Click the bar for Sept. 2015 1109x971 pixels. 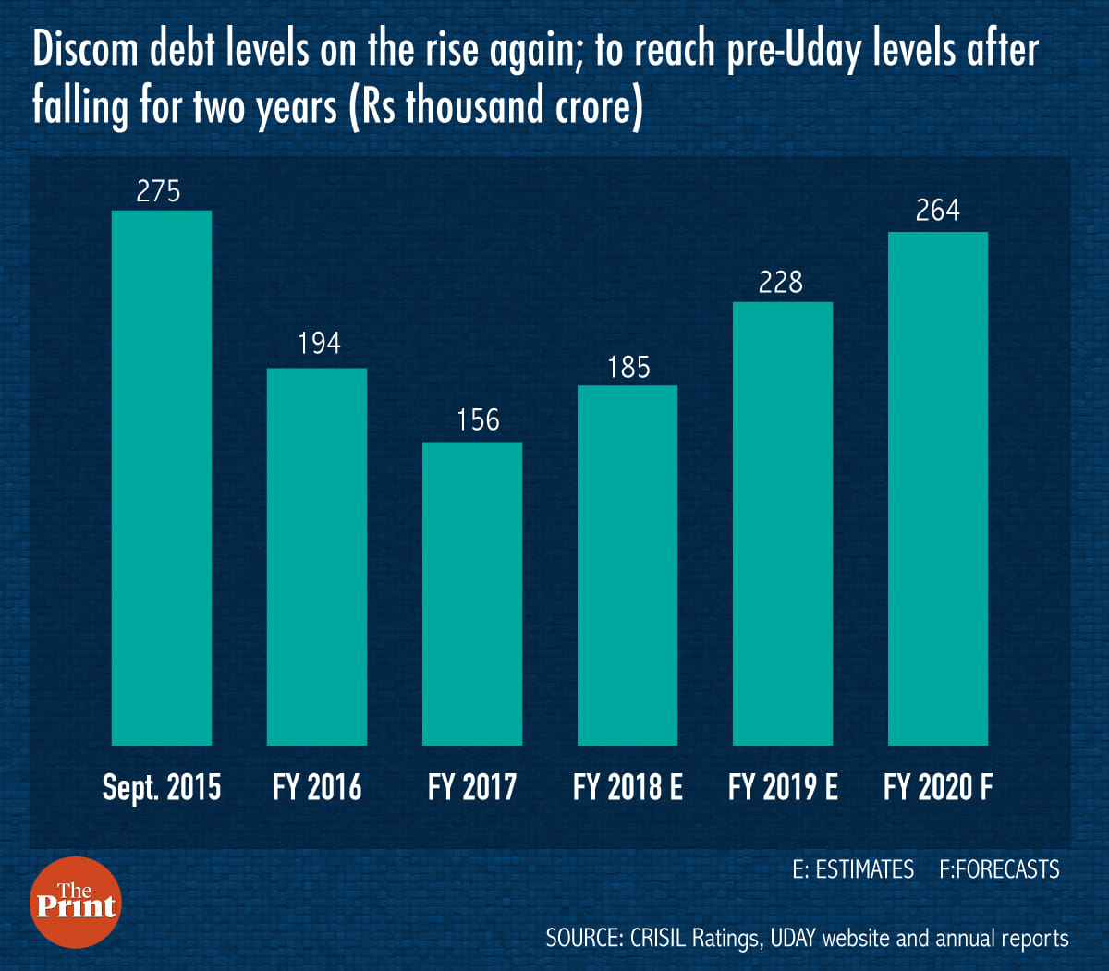click(162, 478)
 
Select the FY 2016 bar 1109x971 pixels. click(317, 556)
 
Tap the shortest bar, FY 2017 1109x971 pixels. click(472, 593)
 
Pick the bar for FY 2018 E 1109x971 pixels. click(628, 564)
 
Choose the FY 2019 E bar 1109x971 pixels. click(783, 523)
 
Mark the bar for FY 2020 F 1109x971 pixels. click(938, 488)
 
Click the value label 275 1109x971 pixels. click(159, 191)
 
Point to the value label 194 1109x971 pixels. click(319, 344)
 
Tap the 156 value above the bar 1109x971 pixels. click(478, 420)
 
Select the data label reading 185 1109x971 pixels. click(629, 368)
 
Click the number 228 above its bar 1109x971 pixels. click(781, 282)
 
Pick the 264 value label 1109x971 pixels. click(938, 211)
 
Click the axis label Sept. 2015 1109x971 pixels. click(162, 787)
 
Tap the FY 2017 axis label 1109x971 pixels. click(472, 787)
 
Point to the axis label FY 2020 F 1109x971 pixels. click(938, 787)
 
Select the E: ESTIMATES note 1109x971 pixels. click(853, 869)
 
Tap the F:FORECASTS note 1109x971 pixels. click(999, 869)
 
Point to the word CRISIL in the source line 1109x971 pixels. click(658, 939)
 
